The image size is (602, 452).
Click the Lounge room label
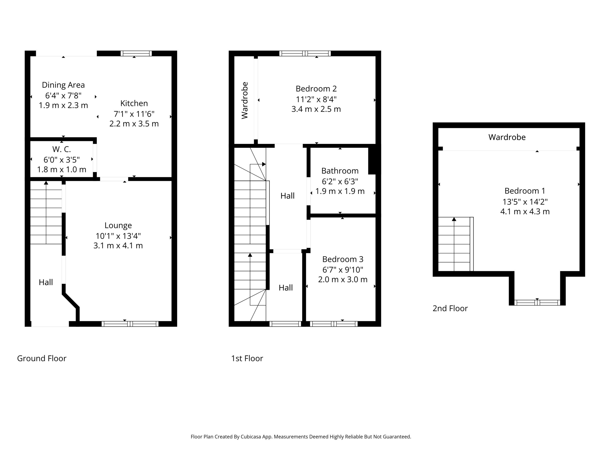tap(118, 225)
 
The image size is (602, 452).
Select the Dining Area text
tap(63, 85)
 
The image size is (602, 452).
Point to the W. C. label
tap(62, 149)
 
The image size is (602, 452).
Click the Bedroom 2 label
tap(316, 89)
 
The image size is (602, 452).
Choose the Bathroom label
tap(340, 171)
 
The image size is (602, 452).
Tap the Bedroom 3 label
tap(343, 259)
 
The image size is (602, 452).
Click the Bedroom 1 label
tap(525, 191)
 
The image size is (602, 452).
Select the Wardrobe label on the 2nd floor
tap(507, 137)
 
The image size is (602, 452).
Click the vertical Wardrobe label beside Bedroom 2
tap(245, 100)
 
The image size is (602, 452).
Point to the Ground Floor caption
tap(42, 358)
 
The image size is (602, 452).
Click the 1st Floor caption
tap(247, 358)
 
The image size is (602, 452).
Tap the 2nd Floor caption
tap(450, 308)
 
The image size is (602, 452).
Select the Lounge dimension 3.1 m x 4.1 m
tap(118, 246)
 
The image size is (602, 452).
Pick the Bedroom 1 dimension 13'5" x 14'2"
tap(525, 202)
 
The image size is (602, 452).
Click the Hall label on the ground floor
tap(46, 282)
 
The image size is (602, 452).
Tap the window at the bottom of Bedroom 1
tap(537, 303)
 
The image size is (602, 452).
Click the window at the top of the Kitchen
tap(136, 53)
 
